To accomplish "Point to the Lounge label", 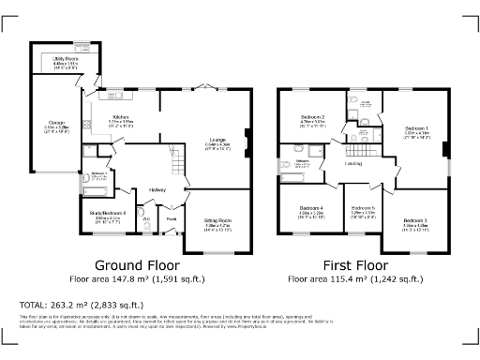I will pos(217,140).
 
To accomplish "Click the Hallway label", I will pos(157,189).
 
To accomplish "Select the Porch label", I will pos(172,220).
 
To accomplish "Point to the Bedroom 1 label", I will pos(416,127).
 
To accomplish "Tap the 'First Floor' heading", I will pos(364,265).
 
